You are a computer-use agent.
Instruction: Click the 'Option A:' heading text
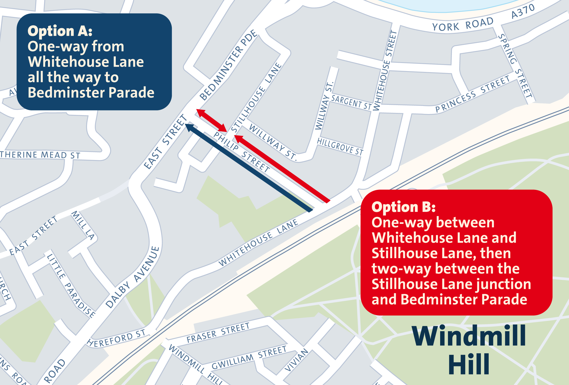pos(60,31)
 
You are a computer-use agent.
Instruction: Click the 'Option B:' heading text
pos(403,207)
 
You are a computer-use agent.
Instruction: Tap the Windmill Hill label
pos(469,350)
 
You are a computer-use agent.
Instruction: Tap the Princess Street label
pos(472,94)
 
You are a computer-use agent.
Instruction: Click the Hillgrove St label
pos(340,146)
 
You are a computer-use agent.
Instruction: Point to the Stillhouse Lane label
pos(256,97)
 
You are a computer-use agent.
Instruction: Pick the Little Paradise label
pos(71,285)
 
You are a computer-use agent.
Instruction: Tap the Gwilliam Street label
pos(249,358)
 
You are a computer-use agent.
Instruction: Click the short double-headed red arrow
pos(212,120)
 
